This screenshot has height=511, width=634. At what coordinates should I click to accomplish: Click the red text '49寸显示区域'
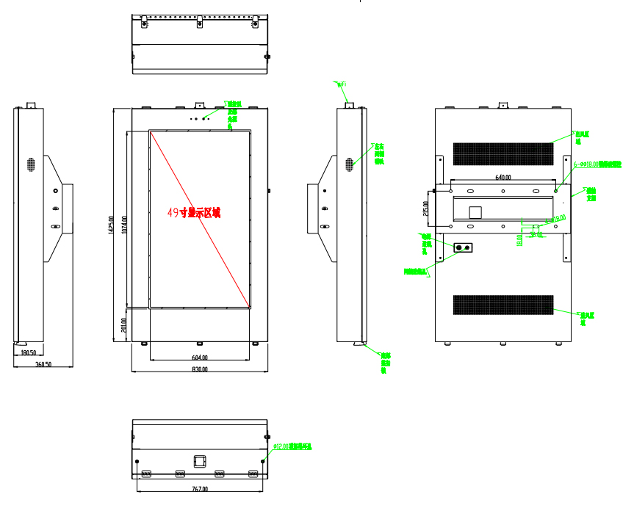[x=194, y=213]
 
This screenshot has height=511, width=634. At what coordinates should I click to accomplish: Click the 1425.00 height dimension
[x=111, y=225]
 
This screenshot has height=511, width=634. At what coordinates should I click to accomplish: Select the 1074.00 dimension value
[x=125, y=225]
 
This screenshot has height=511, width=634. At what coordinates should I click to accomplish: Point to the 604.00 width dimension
[x=200, y=358]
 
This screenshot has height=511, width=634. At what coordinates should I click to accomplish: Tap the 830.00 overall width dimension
[x=200, y=369]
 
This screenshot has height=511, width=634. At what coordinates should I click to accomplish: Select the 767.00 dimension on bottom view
[x=200, y=489]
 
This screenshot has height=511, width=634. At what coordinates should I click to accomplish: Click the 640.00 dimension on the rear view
[x=502, y=177]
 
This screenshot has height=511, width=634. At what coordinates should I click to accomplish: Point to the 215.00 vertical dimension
[x=427, y=208]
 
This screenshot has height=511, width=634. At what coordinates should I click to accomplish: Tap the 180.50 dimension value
[x=29, y=352]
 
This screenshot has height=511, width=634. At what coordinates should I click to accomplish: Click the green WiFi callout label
[x=342, y=85]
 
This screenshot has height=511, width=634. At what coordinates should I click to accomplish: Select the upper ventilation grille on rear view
[x=502, y=153]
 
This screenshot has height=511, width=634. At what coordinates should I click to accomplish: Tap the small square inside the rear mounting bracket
[x=475, y=212]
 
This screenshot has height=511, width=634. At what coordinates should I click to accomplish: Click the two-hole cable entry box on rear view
[x=464, y=248]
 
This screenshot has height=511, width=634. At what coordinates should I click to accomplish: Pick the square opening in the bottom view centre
[x=200, y=460]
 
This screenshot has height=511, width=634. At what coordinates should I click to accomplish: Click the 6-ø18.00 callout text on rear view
[x=597, y=164]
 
